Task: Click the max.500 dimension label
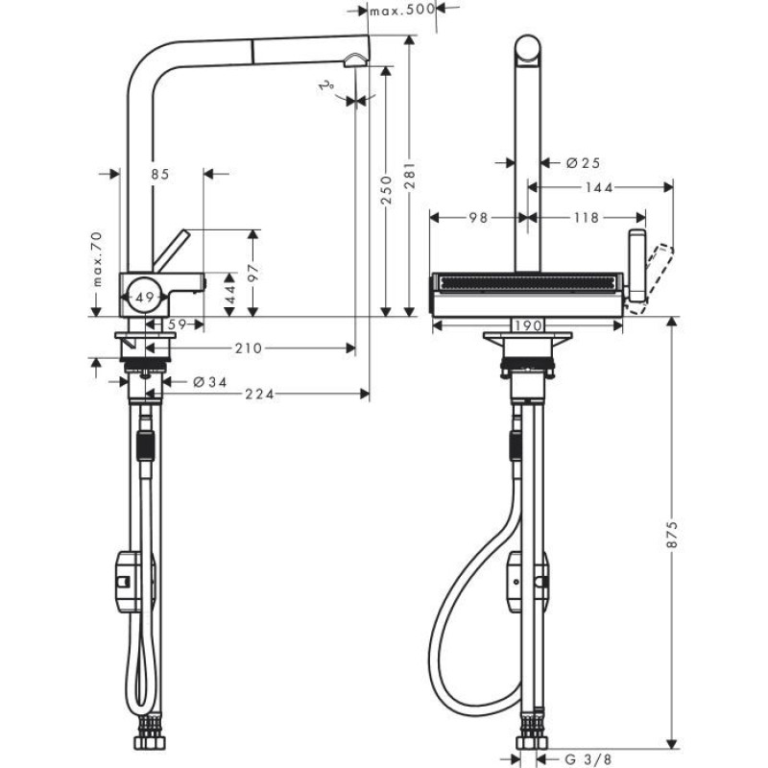[x=401, y=11]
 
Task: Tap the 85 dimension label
[x=159, y=174]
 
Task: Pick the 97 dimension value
[x=254, y=271]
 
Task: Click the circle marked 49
[x=143, y=299]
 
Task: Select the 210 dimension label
[x=248, y=348]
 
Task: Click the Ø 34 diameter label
[x=209, y=381]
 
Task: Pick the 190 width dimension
[x=525, y=325]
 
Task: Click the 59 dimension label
[x=177, y=325]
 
